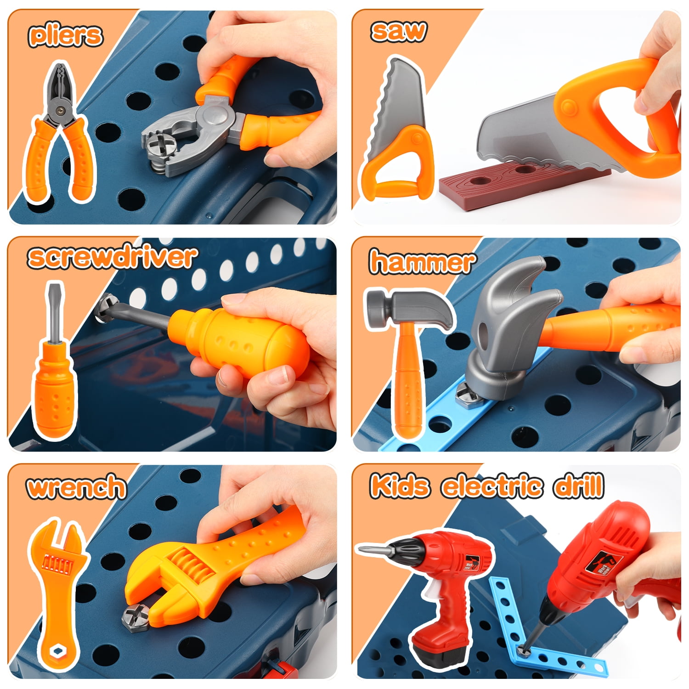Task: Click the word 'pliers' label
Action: pyautogui.click(x=65, y=35)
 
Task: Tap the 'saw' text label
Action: pyautogui.click(x=398, y=31)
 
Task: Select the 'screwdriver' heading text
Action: pyautogui.click(x=112, y=257)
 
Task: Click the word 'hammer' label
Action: pyautogui.click(x=422, y=262)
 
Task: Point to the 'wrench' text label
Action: pyautogui.click(x=76, y=487)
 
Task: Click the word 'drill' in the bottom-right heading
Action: pyautogui.click(x=578, y=486)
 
